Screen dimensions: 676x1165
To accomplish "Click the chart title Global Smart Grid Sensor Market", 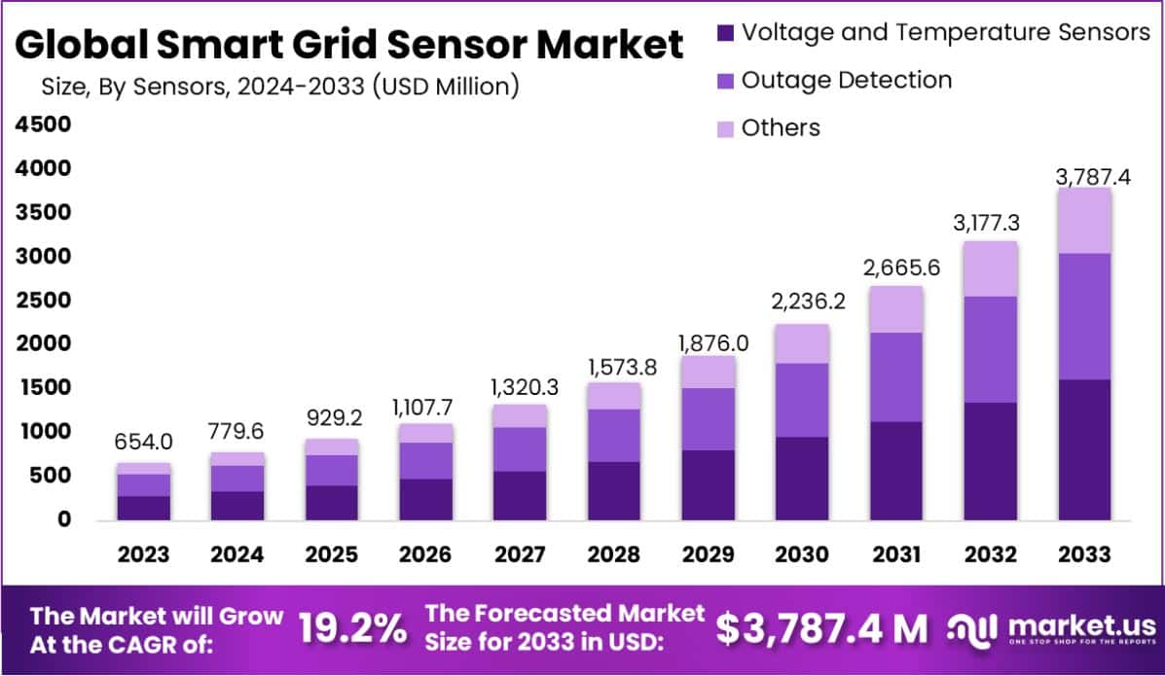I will pos(349,45).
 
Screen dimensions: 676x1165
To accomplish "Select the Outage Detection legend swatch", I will pos(725,81).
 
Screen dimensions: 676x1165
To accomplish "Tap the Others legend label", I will pos(781,127).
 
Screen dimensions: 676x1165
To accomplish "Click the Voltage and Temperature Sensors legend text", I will pos(945,32).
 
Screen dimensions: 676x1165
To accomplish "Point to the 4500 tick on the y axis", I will pos(42,125).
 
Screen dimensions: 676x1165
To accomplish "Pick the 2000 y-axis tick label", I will pos(42,343).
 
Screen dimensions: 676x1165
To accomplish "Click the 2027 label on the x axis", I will pos(519,554).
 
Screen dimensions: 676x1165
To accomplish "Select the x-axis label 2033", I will pos(1083,554).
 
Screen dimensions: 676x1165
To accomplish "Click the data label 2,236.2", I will pos(802,302).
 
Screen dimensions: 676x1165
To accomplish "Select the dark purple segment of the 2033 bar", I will pos(1083,449).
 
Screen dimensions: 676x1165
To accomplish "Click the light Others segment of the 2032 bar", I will pos(990,268).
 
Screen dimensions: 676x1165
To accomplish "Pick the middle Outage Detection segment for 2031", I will pos(895,376).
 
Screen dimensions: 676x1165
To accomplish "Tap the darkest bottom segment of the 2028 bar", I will pos(613,490).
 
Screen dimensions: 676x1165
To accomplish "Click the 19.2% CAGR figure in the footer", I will pos(352,629).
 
